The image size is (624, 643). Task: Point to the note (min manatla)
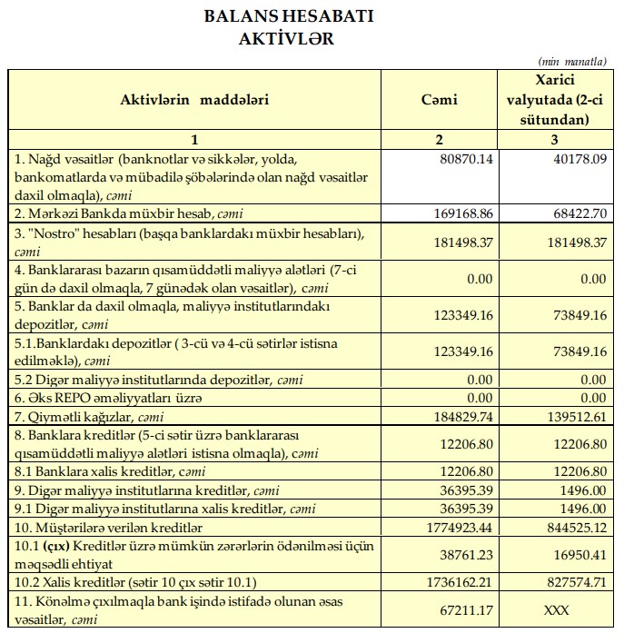[572, 61]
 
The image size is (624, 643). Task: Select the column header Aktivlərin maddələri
[194, 99]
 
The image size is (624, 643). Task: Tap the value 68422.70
[573, 213]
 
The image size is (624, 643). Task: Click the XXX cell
[556, 609]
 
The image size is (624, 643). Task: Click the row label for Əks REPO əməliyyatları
[108, 398]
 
